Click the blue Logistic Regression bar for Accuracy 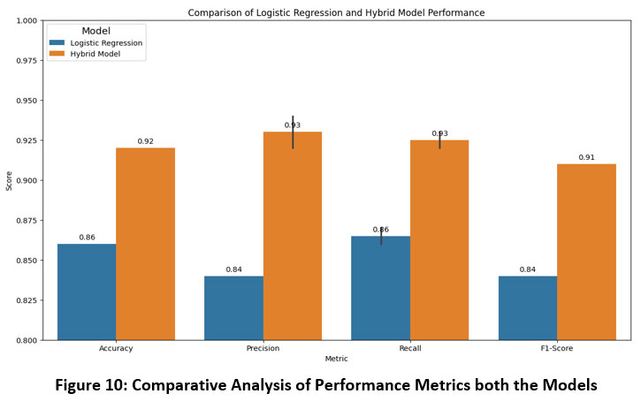click(x=87, y=292)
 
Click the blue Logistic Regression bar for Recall click(x=381, y=288)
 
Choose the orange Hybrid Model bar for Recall click(x=439, y=239)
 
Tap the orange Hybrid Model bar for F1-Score click(x=586, y=252)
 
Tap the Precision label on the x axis click(x=263, y=349)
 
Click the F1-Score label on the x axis click(x=557, y=349)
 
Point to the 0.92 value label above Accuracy click(x=145, y=140)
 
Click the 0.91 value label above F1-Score click(x=586, y=157)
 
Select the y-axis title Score click(x=10, y=180)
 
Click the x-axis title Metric click(x=336, y=359)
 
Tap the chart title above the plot click(x=336, y=13)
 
